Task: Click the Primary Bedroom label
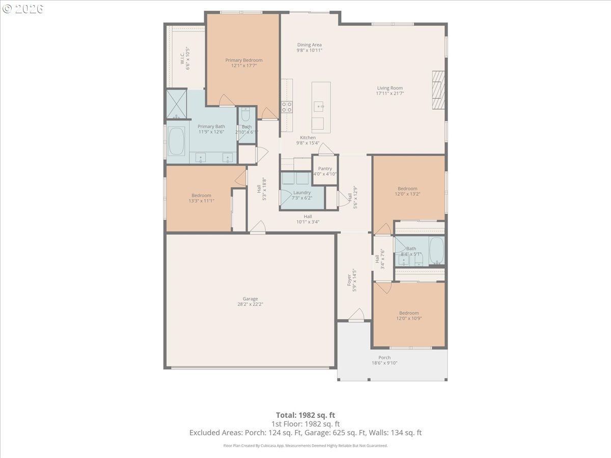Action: click(x=244, y=60)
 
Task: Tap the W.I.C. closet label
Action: click(x=182, y=59)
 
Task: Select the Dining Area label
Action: click(x=309, y=45)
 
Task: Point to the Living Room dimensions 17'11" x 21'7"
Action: click(x=390, y=94)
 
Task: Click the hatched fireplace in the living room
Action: click(x=438, y=90)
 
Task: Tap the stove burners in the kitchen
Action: click(x=287, y=107)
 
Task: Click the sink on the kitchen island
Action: click(x=319, y=106)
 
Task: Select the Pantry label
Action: click(x=325, y=168)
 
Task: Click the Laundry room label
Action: click(x=302, y=192)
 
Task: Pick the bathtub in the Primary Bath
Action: click(x=177, y=141)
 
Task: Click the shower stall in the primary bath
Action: click(x=177, y=104)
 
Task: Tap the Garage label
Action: click(x=250, y=299)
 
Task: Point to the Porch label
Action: click(x=384, y=357)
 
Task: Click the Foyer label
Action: click(x=349, y=280)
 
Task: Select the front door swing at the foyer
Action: click(x=356, y=315)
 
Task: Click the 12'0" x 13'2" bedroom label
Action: click(x=407, y=188)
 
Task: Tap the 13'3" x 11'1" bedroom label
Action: click(x=201, y=195)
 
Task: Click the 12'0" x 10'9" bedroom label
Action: click(x=409, y=313)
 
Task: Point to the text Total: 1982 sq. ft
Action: click(x=305, y=415)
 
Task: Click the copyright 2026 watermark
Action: click(x=23, y=9)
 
